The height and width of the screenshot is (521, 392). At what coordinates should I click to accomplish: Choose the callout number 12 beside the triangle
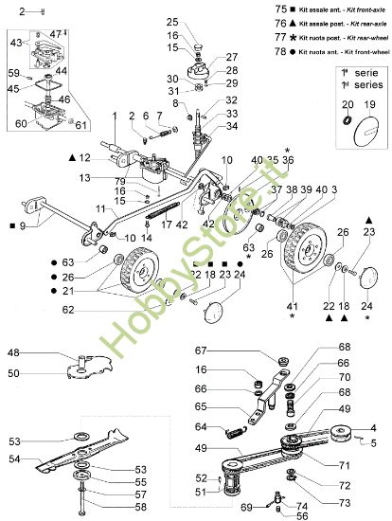[x=84, y=156]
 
